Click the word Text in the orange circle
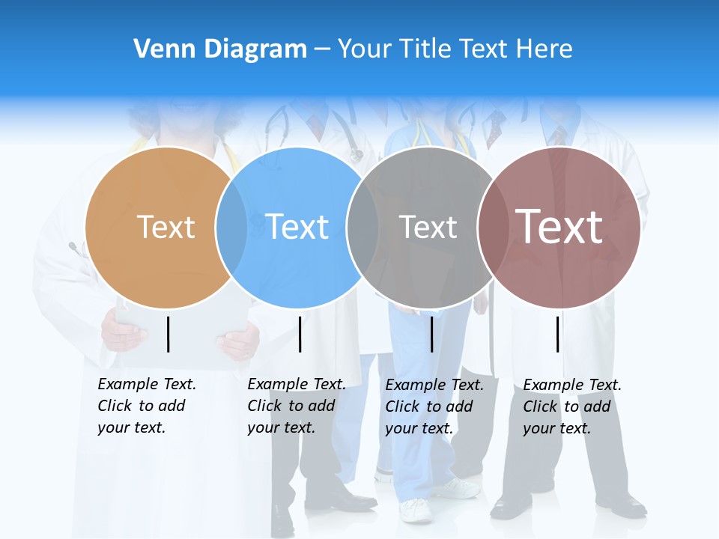(x=166, y=227)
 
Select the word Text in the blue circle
(x=297, y=227)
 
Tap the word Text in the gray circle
(x=428, y=227)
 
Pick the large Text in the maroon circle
(x=559, y=226)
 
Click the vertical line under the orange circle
(x=169, y=334)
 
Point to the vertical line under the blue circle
(x=300, y=334)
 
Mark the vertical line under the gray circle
(x=431, y=334)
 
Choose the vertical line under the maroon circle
(x=558, y=334)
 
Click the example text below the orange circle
(x=146, y=406)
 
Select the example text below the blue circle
(x=296, y=406)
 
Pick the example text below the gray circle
(x=434, y=406)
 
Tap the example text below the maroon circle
(x=571, y=406)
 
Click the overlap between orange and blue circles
(x=231, y=228)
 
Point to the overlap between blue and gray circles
(x=363, y=228)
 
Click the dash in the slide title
(x=322, y=49)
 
